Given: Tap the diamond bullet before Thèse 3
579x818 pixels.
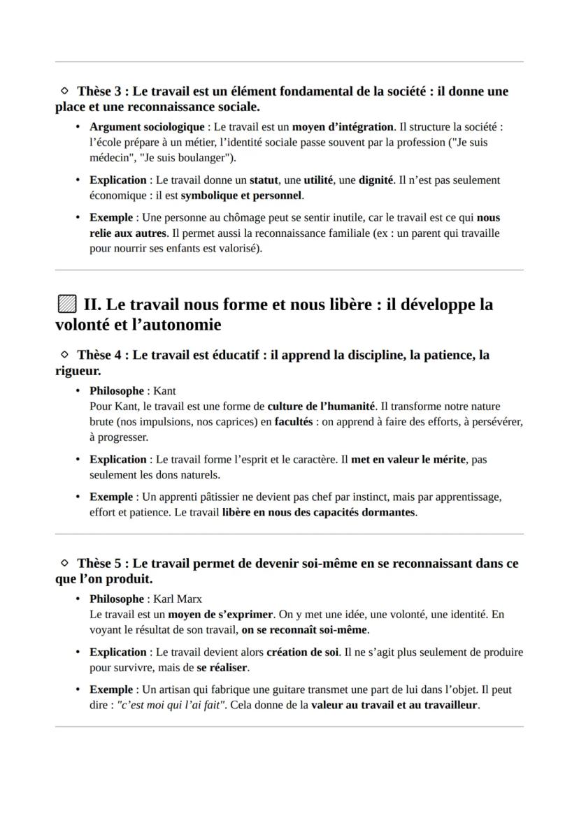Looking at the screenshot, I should [64, 91].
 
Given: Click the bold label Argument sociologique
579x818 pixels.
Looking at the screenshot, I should [147, 126].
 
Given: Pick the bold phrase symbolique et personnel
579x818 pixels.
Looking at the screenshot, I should [241, 195].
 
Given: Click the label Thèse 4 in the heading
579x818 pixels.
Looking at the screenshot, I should [101, 355].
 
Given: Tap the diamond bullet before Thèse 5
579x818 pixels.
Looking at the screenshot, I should [64, 563].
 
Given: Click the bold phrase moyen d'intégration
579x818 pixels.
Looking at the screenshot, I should [343, 126].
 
